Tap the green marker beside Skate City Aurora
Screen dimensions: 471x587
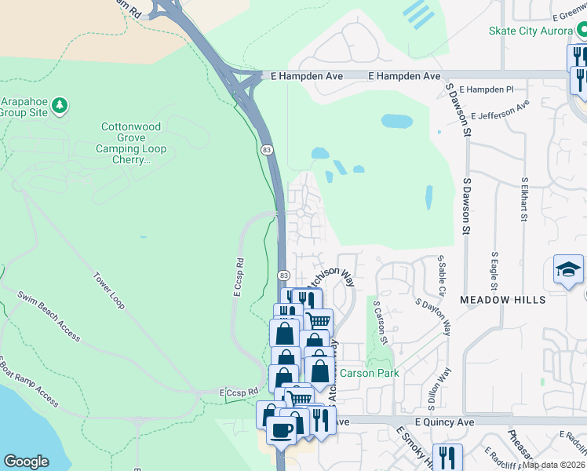(x=582, y=31)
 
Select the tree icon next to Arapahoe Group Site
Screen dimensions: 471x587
(x=59, y=104)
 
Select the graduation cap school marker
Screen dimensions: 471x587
(x=568, y=270)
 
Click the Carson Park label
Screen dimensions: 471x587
(x=369, y=373)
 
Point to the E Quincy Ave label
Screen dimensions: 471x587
(x=445, y=422)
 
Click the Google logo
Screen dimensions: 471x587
(x=26, y=462)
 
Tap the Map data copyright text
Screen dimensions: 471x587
(x=553, y=465)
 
